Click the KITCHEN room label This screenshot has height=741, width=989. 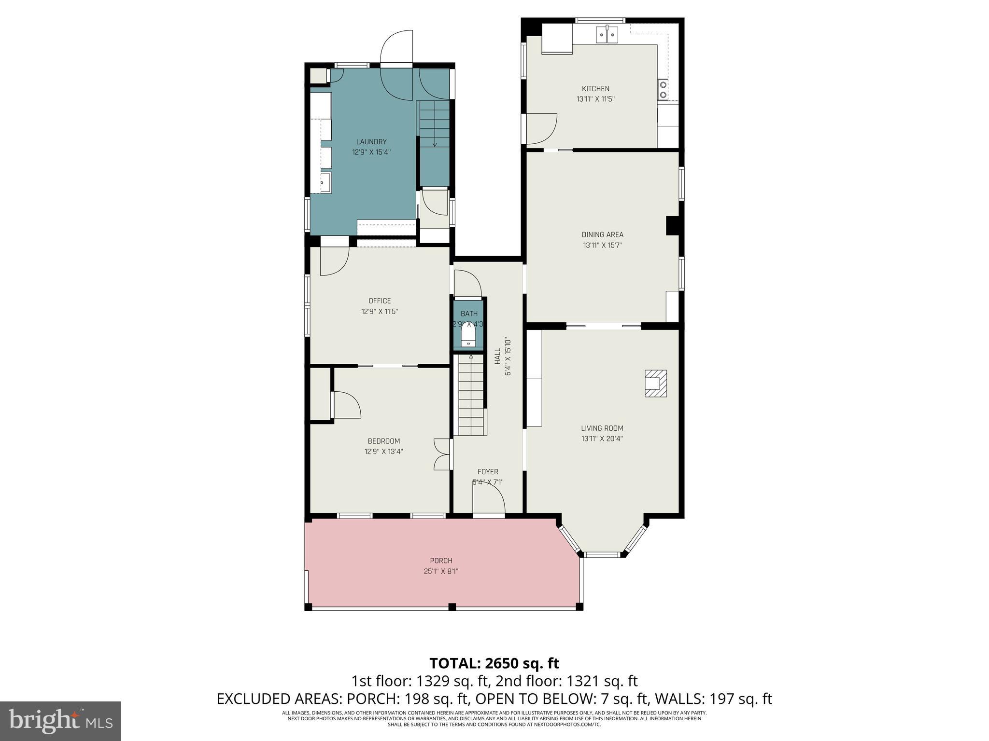pyautogui.click(x=595, y=89)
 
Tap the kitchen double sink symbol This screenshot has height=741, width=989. pyautogui.click(x=607, y=35)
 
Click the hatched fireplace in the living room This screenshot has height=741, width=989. pyautogui.click(x=656, y=384)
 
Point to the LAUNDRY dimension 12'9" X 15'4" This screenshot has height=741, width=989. pyautogui.click(x=371, y=152)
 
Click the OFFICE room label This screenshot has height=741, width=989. pyautogui.click(x=380, y=301)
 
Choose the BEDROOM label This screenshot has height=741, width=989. pyautogui.click(x=383, y=441)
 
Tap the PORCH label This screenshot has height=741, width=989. pyautogui.click(x=441, y=561)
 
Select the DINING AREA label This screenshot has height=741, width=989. pyautogui.click(x=602, y=234)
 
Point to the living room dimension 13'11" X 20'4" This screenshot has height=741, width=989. pyautogui.click(x=602, y=439)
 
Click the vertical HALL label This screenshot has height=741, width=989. pyautogui.click(x=497, y=357)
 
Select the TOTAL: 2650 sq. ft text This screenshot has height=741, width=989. pyautogui.click(x=494, y=663)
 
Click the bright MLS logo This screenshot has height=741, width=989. pyautogui.click(x=60, y=721)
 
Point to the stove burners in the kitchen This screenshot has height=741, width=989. pyautogui.click(x=663, y=90)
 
